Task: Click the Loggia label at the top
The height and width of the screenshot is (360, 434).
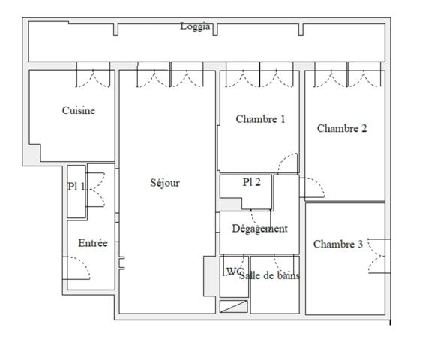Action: point(195,27)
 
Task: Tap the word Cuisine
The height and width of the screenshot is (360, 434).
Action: point(78,111)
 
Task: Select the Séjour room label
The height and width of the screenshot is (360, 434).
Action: point(165,183)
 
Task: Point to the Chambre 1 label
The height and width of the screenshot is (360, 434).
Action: point(260,119)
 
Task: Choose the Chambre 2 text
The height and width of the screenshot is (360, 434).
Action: point(341,128)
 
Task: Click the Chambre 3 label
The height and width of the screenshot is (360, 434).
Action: point(337,244)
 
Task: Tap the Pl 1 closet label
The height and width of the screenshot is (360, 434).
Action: point(76,187)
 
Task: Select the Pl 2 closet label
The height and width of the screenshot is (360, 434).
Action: point(251,182)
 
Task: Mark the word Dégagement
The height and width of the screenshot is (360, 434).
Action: point(259,229)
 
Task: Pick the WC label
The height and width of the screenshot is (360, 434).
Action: point(234,271)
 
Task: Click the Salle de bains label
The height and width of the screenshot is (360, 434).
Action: point(269,275)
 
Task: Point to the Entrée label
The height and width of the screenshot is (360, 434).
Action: point(93,243)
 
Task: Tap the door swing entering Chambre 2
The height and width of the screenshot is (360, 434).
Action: point(313,187)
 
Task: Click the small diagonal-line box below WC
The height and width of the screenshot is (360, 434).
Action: point(233,306)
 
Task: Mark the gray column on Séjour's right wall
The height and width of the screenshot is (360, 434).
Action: point(209,275)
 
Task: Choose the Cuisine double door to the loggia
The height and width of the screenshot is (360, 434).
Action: point(94,76)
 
